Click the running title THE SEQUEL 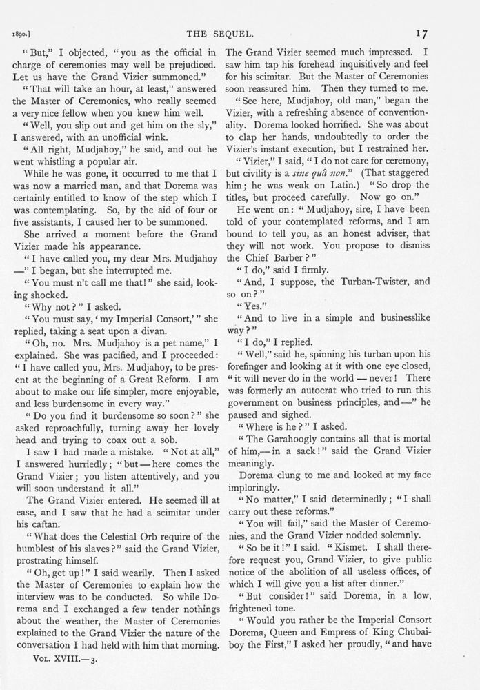pyautogui.click(x=239, y=32)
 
